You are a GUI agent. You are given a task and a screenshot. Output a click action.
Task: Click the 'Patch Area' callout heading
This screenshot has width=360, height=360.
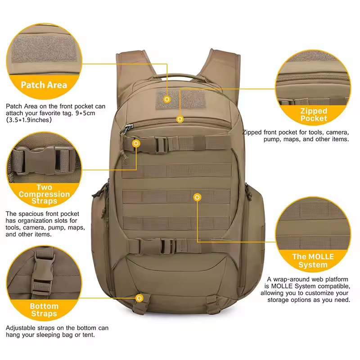tap(44, 85)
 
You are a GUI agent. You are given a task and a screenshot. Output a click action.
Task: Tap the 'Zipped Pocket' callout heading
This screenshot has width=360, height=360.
tap(314, 115)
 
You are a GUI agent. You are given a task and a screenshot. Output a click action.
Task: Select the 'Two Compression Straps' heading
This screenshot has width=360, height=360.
tap(44, 194)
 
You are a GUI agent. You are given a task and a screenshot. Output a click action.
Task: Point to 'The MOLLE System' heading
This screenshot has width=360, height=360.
tap(313, 261)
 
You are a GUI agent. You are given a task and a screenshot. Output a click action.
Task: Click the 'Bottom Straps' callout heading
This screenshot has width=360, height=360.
tap(44, 310)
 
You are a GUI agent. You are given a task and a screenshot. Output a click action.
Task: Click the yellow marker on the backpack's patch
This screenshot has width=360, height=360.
tap(167, 99)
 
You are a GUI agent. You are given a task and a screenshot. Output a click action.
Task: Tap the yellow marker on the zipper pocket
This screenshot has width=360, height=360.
tap(180, 119)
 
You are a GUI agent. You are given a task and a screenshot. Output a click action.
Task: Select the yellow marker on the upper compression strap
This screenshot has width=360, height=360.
tap(136, 143)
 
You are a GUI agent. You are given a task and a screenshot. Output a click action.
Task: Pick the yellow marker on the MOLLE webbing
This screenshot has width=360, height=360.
tap(197, 197)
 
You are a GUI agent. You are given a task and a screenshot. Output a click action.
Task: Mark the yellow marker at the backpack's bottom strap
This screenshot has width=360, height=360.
tap(139, 298)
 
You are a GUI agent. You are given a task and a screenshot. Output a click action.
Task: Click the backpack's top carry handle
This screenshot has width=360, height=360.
tap(176, 76)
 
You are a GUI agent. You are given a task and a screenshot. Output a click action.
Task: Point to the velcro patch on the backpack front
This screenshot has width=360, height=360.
tap(181, 99)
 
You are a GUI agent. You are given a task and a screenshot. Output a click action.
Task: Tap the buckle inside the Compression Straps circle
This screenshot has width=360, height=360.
tap(44, 161)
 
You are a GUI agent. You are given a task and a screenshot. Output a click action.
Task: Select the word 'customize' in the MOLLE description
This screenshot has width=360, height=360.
tap(321, 293)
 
